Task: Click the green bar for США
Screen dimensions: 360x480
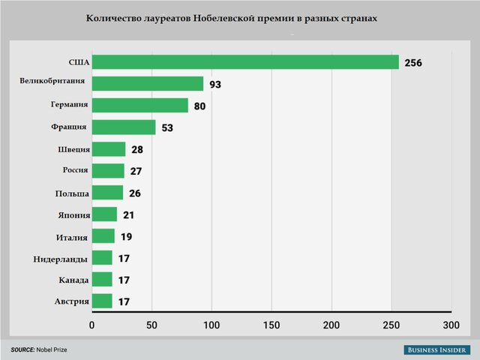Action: pyautogui.click(x=245, y=62)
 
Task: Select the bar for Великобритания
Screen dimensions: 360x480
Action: pyautogui.click(x=148, y=84)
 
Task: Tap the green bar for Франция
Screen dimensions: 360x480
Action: pyautogui.click(x=124, y=127)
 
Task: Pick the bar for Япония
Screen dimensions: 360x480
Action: pyautogui.click(x=104, y=214)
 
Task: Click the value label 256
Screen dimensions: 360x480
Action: pyautogui.click(x=413, y=63)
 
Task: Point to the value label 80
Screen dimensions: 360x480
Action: pyautogui.click(x=199, y=106)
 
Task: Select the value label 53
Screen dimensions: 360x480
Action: pyautogui.click(x=166, y=128)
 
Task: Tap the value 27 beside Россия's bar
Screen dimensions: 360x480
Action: pyautogui.click(x=136, y=172)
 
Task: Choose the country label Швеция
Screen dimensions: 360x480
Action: pyautogui.click(x=73, y=149)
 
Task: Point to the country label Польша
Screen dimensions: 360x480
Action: pyautogui.click(x=72, y=193)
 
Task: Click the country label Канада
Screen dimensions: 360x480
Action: pyautogui.click(x=73, y=280)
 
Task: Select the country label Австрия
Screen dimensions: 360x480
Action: pyautogui.click(x=72, y=301)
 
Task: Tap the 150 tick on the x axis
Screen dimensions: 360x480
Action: pyautogui.click(x=272, y=325)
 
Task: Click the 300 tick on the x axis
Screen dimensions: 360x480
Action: pyautogui.click(x=451, y=325)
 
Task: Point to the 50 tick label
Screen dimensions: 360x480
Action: pyautogui.click(x=151, y=325)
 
